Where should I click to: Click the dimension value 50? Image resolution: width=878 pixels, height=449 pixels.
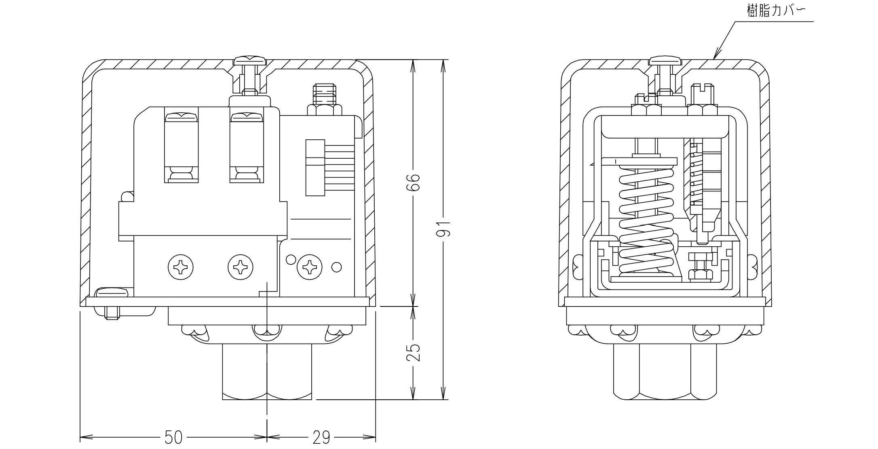pyautogui.click(x=173, y=437)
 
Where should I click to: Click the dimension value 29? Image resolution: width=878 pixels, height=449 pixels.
pyautogui.click(x=321, y=437)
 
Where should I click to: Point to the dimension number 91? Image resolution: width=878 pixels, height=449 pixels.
pyautogui.click(x=444, y=229)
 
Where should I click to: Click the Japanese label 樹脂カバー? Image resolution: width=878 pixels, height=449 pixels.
pyautogui.click(x=774, y=11)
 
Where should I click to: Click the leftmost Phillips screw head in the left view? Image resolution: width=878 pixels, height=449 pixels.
pyautogui.click(x=181, y=267)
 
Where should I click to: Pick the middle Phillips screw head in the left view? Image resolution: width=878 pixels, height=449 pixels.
pyautogui.click(x=241, y=267)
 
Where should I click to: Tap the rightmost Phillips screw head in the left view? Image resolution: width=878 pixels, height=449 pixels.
pyautogui.click(x=310, y=267)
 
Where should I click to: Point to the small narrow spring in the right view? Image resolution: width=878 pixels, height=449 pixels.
pyautogui.click(x=694, y=174)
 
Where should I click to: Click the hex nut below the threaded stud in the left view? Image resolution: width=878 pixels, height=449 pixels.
pyautogui.click(x=324, y=110)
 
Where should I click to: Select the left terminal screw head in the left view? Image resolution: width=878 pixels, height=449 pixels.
pyautogui.click(x=181, y=117)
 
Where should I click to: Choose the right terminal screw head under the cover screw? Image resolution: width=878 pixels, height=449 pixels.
pyautogui.click(x=247, y=117)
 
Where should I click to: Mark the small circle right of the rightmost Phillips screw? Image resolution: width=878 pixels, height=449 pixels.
pyautogui.click(x=336, y=267)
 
